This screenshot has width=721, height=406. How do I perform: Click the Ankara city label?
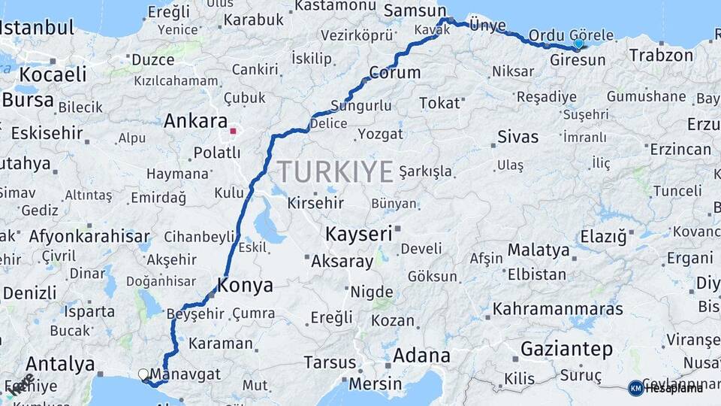click(x=195, y=120)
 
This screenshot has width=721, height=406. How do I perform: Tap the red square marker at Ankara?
click(x=233, y=132)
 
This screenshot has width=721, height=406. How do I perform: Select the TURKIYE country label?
click(x=336, y=172)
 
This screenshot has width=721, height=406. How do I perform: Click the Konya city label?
click(x=245, y=285)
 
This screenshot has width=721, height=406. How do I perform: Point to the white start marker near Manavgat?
click(x=143, y=374)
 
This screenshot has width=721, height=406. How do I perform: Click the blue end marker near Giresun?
click(x=578, y=44)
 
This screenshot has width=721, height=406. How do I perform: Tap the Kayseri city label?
click(x=358, y=234)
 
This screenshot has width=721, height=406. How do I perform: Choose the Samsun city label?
click(x=415, y=11)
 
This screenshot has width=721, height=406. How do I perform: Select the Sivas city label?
click(x=518, y=137)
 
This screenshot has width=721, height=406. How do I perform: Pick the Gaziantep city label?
click(x=566, y=349)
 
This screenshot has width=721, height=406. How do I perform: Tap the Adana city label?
click(x=421, y=355)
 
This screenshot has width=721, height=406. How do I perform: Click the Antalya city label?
click(x=60, y=365)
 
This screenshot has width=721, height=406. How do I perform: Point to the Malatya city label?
click(x=538, y=250)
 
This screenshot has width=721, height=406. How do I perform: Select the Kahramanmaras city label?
click(x=558, y=308)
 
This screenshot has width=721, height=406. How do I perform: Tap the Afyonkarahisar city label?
click(x=89, y=236)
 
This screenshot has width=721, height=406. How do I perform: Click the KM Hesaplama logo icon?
click(x=635, y=388)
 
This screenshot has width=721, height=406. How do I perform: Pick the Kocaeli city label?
click(x=53, y=74)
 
